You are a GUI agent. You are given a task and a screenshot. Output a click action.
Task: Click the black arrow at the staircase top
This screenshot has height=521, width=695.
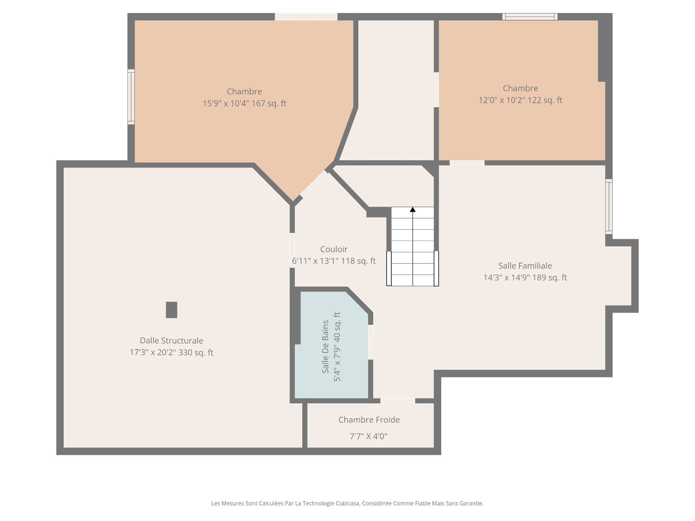[413, 209]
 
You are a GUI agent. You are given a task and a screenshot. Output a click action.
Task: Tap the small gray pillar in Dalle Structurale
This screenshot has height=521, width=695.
[172, 310]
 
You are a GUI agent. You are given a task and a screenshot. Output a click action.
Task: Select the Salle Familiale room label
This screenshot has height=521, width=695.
[525, 266]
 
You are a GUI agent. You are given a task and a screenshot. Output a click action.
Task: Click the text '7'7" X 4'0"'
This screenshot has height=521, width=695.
[368, 436]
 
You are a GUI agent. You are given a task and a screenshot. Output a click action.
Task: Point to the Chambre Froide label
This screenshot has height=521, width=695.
[369, 420]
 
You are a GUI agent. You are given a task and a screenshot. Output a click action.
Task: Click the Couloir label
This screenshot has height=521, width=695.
[334, 249]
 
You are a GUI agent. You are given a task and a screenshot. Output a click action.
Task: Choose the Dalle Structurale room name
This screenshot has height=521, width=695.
[172, 340]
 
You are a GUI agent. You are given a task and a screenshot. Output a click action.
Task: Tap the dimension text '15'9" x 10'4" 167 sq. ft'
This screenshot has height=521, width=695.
[244, 103]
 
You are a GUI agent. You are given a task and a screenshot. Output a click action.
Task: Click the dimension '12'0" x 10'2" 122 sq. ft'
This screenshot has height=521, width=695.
[521, 100]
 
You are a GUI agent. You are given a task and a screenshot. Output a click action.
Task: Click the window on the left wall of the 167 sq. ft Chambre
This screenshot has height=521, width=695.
[131, 97]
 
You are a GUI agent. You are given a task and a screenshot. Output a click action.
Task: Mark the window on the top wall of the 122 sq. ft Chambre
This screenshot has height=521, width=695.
[530, 17]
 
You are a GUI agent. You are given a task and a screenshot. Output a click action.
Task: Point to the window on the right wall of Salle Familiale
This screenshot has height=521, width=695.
[609, 206]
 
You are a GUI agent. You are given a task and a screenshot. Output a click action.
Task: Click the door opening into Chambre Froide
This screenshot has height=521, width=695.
[397, 401]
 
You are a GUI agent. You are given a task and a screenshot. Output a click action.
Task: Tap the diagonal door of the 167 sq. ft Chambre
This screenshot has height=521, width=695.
[314, 184]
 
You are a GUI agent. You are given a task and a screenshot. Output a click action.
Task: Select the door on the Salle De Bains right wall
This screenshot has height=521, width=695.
[371, 342]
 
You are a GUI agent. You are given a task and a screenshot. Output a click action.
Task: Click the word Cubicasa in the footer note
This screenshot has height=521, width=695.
[347, 503]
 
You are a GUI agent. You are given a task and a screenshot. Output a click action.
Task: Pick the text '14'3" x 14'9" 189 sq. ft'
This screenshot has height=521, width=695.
[525, 278]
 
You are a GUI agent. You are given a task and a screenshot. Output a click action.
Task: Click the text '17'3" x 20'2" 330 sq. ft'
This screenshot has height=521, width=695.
[172, 352]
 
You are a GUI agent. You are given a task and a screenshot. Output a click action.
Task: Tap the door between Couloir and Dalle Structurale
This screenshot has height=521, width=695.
[292, 250]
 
